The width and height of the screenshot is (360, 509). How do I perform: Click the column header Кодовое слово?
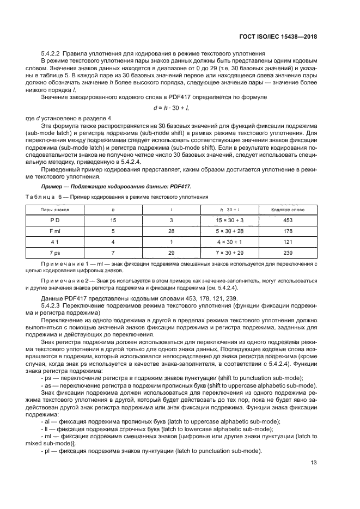coord(288,208)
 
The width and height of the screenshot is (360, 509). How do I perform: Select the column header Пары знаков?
coord(54,208)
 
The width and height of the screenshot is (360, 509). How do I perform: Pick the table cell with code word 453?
coord(288,220)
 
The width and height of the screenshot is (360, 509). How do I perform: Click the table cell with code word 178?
coord(288,231)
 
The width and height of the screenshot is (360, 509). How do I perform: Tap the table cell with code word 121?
coord(288,242)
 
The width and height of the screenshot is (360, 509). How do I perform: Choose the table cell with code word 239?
coord(288,253)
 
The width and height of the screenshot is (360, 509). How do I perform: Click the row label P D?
coord(54,220)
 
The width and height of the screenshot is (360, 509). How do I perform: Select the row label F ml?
coord(54,231)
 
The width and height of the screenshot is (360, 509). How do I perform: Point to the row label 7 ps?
coord(54,253)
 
